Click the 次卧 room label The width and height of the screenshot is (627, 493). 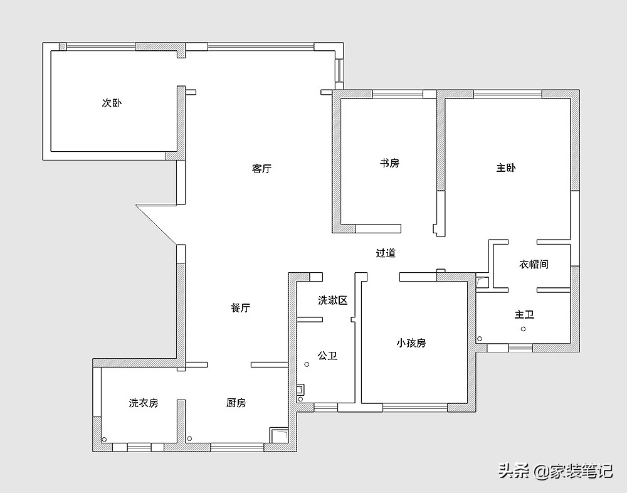[112, 103]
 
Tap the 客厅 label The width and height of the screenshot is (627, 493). [262, 169]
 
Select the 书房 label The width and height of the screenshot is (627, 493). [389, 163]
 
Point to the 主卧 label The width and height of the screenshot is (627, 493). [506, 168]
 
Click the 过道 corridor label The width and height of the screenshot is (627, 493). [386, 253]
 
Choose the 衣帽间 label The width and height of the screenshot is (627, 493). [534, 264]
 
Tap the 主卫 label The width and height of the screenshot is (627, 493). [525, 314]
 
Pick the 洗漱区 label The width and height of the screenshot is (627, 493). [332, 300]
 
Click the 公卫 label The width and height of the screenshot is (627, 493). [327, 356]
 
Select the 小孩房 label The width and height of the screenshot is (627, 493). [411, 343]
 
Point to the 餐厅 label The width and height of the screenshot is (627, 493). [240, 308]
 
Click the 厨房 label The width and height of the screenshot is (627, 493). [236, 403]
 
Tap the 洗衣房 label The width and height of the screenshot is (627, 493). [144, 403]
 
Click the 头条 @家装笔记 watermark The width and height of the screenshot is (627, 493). [555, 471]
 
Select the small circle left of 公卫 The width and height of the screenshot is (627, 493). [307, 364]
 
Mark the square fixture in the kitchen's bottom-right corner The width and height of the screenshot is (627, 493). [278, 435]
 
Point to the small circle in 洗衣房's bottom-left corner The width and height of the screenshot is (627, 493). [104, 439]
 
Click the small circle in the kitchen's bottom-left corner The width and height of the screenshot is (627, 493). [189, 438]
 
